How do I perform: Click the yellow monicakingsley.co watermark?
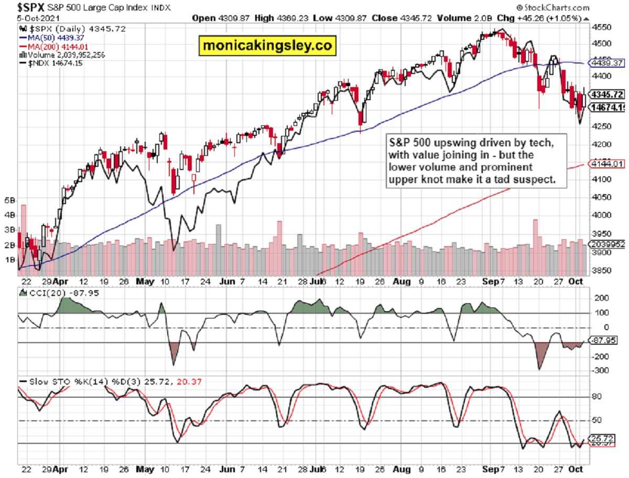pyautogui.click(x=268, y=46)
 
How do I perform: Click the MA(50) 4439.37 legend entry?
pyautogui.click(x=51, y=37)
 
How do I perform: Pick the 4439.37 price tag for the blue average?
pyautogui.click(x=607, y=63)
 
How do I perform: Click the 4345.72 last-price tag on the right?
pyautogui.click(x=607, y=95)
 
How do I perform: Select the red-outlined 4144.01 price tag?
pyautogui.click(x=607, y=164)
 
